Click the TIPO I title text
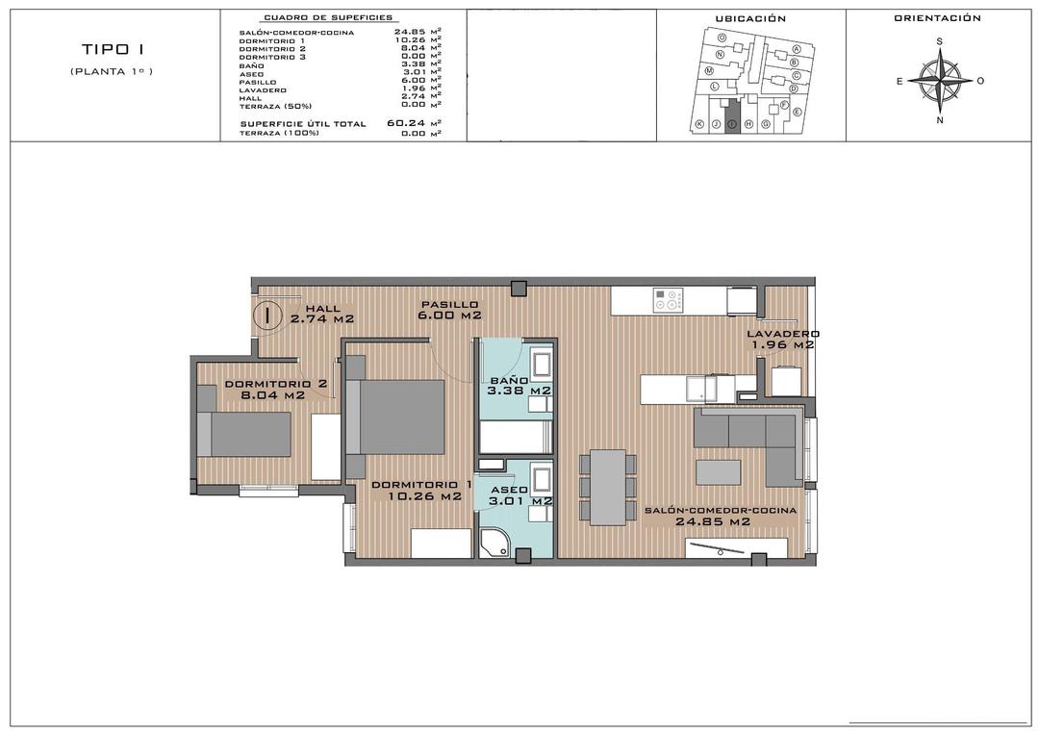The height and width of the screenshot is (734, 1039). [x=111, y=50]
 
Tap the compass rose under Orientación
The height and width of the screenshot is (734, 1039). [x=940, y=81]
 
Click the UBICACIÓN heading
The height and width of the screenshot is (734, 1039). [x=750, y=18]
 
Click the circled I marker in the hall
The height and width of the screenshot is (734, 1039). [x=266, y=314]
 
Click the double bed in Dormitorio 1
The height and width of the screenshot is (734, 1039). [x=396, y=416]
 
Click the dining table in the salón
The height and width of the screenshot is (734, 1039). [x=607, y=487]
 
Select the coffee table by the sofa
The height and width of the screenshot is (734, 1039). [x=719, y=472]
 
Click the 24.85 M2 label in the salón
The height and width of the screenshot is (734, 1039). [x=712, y=522]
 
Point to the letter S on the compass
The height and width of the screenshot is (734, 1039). [x=940, y=41]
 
